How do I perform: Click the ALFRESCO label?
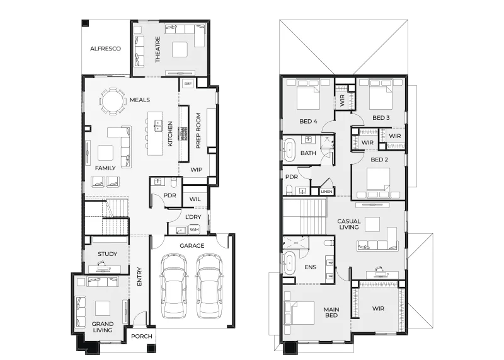pyautogui.click(x=105, y=49)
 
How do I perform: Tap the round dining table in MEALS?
pyautogui.click(x=113, y=102)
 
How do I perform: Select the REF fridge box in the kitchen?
pyautogui.click(x=188, y=84)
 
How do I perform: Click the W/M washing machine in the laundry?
pyautogui.click(x=194, y=229)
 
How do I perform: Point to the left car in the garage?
pyautogui.click(x=174, y=286)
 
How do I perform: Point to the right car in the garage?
pyautogui.click(x=209, y=286)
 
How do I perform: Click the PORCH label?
pyautogui.click(x=141, y=336)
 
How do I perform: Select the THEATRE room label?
pyautogui.click(x=157, y=49)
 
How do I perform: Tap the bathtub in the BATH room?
pyautogui.click(x=290, y=149)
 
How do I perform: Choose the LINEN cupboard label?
pyautogui.click(x=326, y=192)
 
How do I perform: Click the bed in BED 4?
pyautogui.click(x=308, y=95)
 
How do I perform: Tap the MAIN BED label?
pyautogui.click(x=331, y=312)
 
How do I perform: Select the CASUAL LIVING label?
pyautogui.click(x=349, y=224)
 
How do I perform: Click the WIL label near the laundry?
pyautogui.click(x=195, y=199)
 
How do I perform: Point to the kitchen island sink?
pyautogui.click(x=158, y=126)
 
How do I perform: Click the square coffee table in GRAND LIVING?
pyautogui.click(x=103, y=308)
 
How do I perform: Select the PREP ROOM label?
pyautogui.click(x=198, y=131)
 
